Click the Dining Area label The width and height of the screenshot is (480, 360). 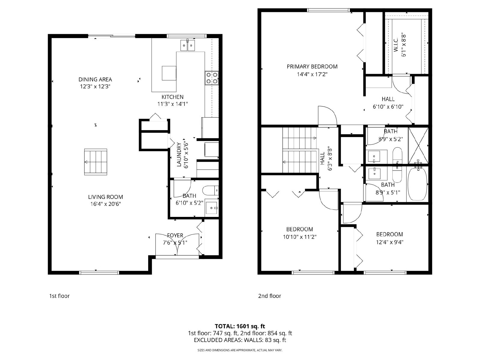coord(95,79)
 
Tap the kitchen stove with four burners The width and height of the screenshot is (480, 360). coord(212,78)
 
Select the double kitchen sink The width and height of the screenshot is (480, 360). coord(187,46)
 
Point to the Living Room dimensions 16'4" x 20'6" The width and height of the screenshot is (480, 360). coord(106,204)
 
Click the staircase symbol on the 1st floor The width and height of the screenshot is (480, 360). coord(96,162)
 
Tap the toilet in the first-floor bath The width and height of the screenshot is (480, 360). coord(211,190)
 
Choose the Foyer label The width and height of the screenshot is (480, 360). coord(175,235)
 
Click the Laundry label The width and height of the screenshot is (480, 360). coord(179,154)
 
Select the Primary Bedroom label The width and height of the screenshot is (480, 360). coord(312,66)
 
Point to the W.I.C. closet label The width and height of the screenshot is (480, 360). coord(396,46)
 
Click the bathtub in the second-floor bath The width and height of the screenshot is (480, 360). coord(418,183)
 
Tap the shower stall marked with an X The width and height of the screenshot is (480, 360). coord(418,145)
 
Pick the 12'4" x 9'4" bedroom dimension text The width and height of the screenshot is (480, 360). coord(390,242)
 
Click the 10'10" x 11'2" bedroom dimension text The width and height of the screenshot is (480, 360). coord(300,237)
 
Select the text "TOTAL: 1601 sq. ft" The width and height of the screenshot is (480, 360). coord(240,326)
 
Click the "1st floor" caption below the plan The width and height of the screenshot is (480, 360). coord(59,296)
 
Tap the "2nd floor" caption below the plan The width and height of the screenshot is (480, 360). coord(269,296)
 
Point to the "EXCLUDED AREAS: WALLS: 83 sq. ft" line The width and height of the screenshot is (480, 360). coord(240,340)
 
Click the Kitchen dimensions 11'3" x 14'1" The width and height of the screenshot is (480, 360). coord(173,104)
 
